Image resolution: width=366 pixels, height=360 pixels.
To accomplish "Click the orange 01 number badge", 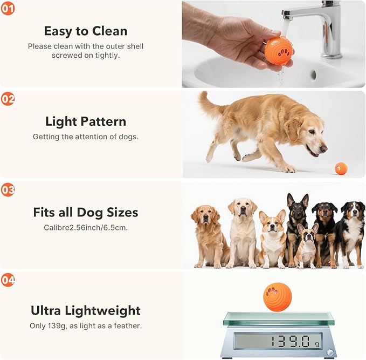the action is coord(8,9).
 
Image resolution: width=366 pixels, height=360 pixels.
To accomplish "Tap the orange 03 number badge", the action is coord(8,189).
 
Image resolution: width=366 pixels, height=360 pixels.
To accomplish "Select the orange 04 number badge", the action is coord(8,280).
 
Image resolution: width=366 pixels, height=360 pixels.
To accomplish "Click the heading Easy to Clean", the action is coord(86,31).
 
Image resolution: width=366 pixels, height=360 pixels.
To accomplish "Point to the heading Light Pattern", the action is coord(86,121).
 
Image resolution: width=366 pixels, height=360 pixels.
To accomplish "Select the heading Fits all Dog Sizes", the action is coord(86,212).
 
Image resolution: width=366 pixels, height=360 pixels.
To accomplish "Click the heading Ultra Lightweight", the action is coord(86,311).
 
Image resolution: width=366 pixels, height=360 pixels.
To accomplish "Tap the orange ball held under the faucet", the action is coord(278,51).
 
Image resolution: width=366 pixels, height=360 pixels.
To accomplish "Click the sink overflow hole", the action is coord(313,75).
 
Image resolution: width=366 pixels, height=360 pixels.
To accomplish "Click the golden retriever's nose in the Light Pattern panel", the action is coord(324,148).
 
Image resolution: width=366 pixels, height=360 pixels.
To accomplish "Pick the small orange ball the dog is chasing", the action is coord(341,168).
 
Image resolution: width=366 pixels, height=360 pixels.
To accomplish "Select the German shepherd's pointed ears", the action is coord(298,200).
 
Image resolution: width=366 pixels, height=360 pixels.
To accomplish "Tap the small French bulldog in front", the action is coord(306,246).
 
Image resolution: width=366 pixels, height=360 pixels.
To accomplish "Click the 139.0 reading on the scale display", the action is coord(291,341).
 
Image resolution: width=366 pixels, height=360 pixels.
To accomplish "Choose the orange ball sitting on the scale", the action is coord(277,297).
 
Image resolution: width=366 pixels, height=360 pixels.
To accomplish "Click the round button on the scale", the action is coord(330,352).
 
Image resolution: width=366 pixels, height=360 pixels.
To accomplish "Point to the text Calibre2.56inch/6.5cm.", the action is coord(86,227).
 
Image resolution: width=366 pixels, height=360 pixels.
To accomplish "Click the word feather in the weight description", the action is coord(127,326).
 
